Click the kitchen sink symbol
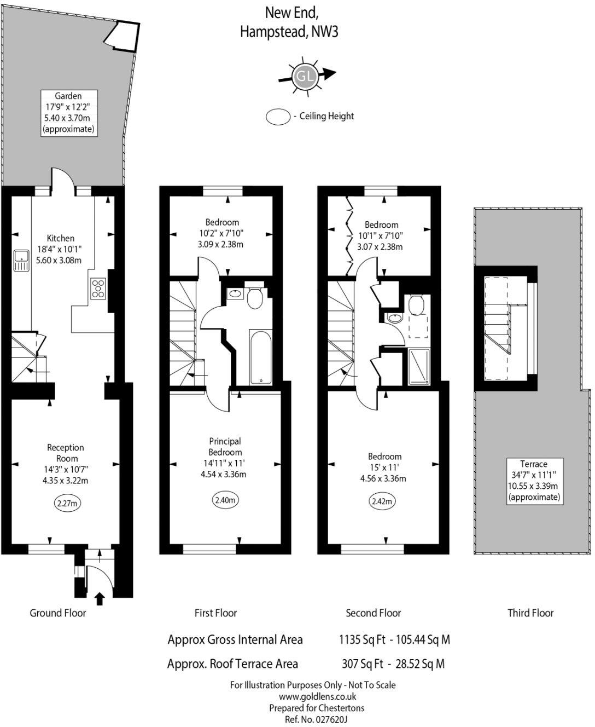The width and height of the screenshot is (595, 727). point(22,261)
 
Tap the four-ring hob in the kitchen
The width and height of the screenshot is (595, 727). point(98,289)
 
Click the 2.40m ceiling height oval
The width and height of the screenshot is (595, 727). point(225,500)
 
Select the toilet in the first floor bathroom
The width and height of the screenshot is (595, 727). point(254,298)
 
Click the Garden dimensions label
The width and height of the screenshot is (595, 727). point(68,113)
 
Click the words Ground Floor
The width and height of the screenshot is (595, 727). point(57,613)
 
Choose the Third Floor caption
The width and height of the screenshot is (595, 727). point(530,613)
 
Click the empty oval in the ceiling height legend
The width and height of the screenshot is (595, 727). point(278,117)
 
